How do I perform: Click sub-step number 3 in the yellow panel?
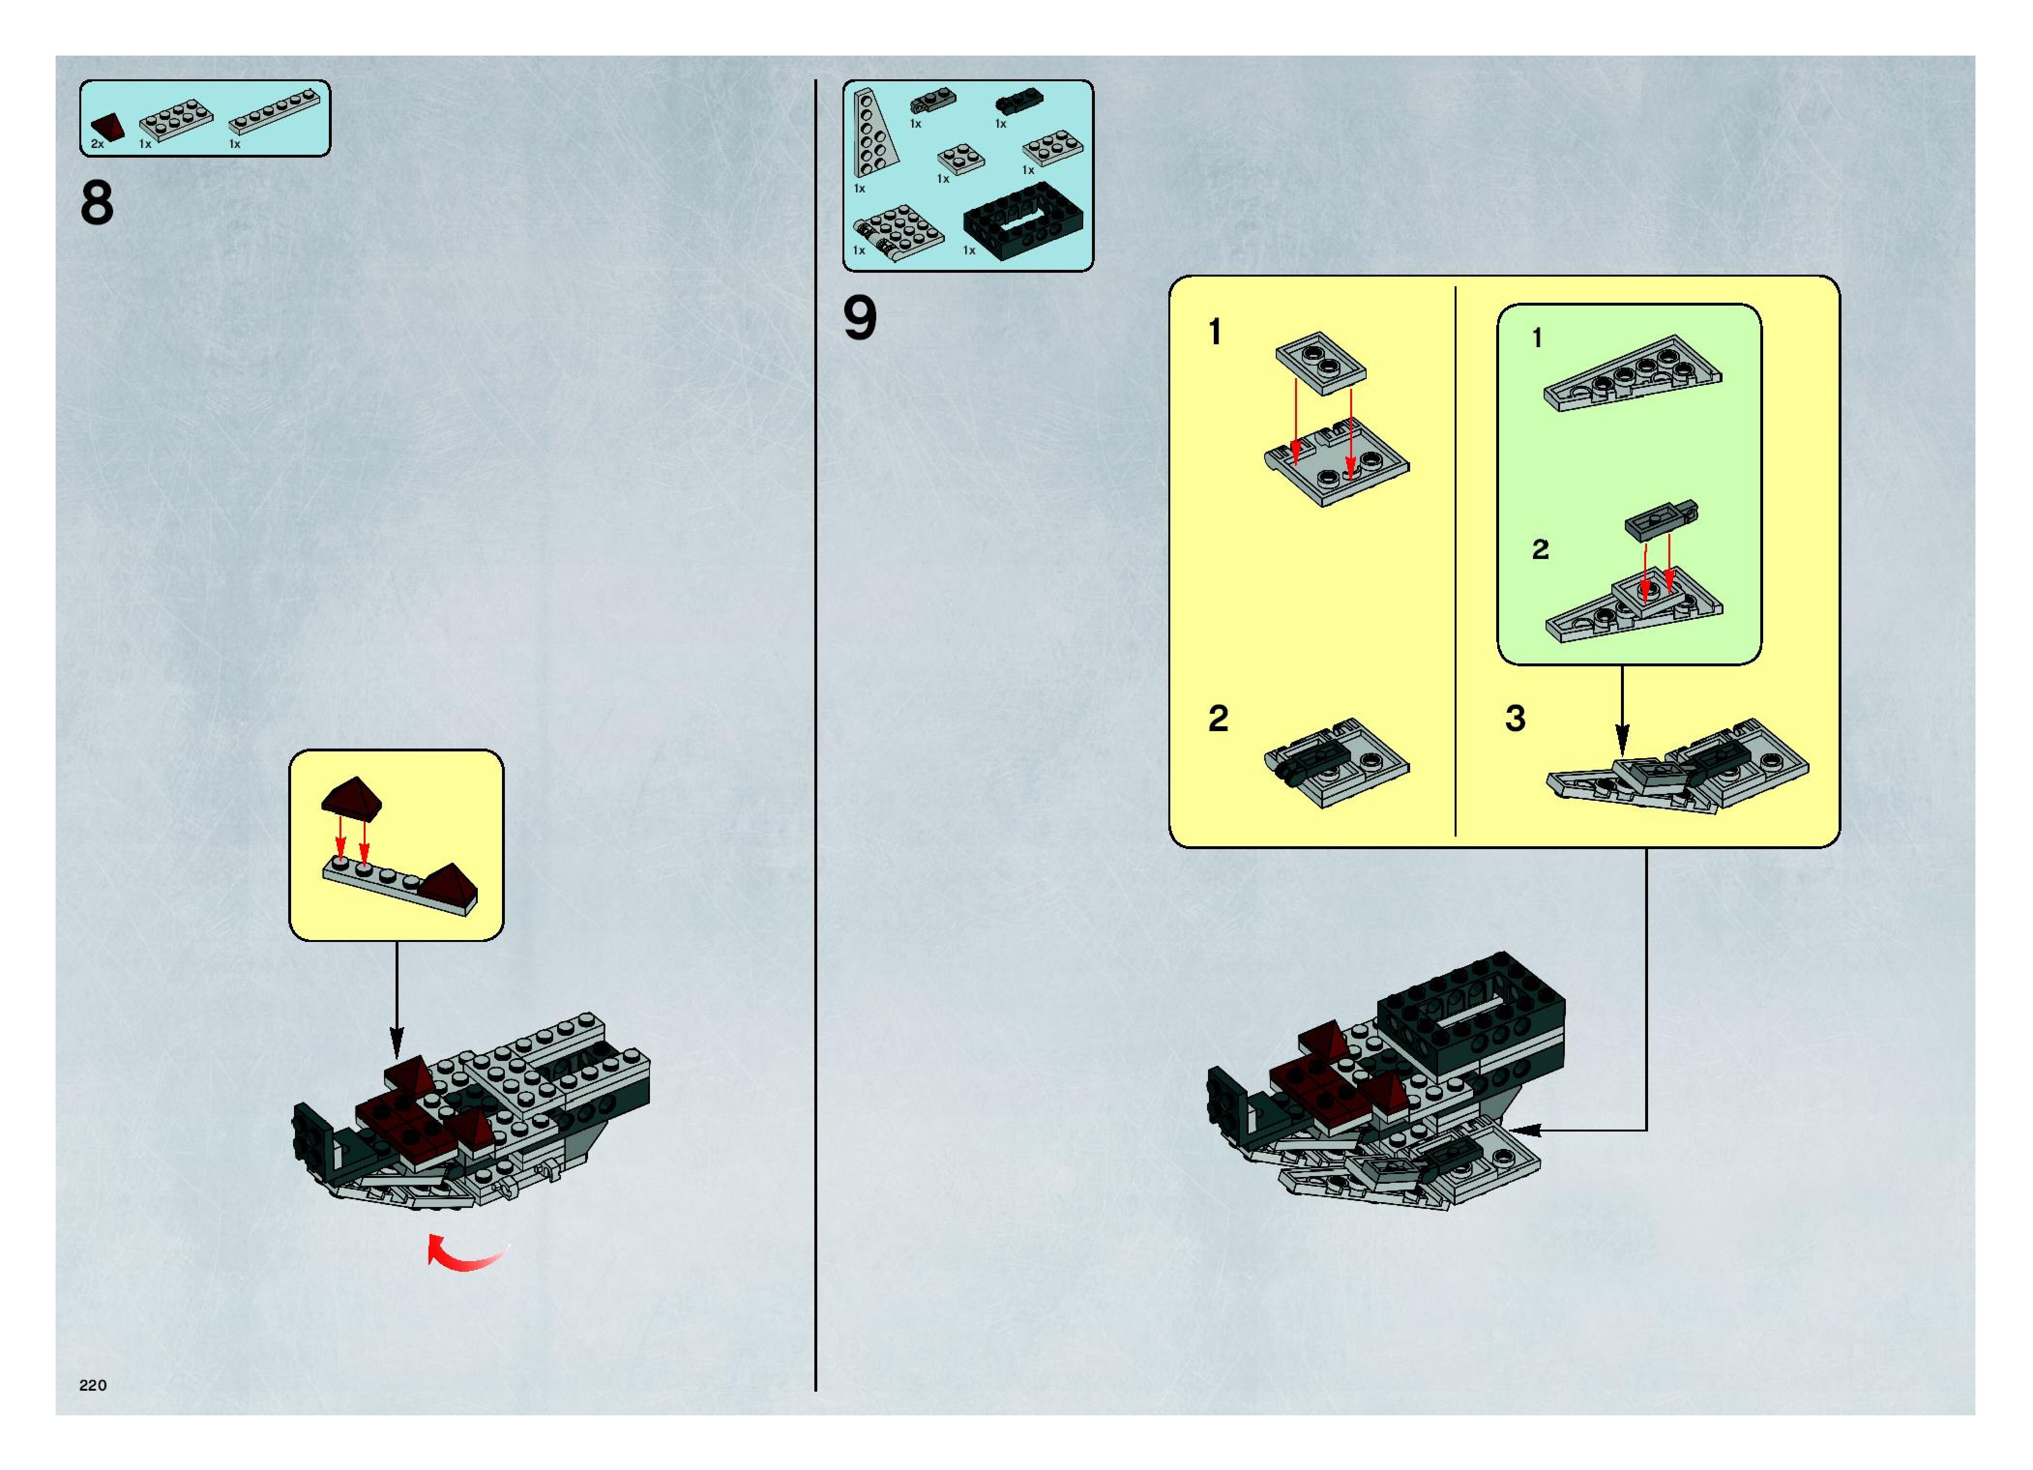click(1515, 719)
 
